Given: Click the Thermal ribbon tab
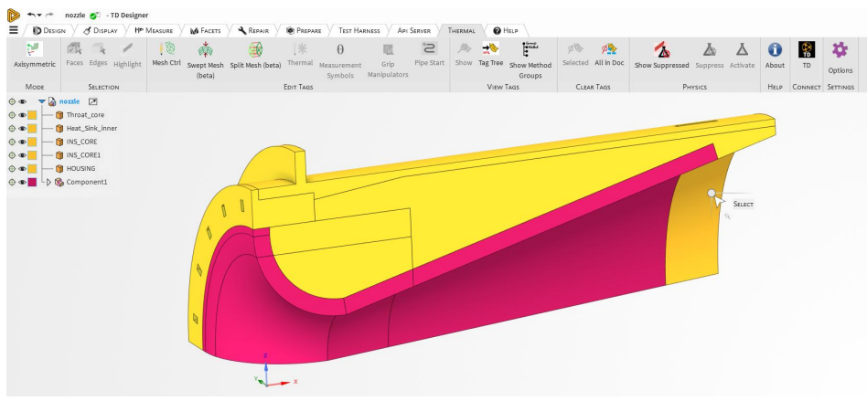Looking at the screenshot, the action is pyautogui.click(x=461, y=30).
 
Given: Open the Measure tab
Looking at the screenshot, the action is pyautogui.click(x=154, y=30).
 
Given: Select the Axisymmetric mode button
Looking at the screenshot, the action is pyautogui.click(x=34, y=55).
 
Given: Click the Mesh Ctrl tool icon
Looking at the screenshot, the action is pyautogui.click(x=166, y=48).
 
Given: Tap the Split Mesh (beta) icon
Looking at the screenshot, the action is pyautogui.click(x=255, y=49).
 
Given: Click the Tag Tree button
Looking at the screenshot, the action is pyautogui.click(x=490, y=55).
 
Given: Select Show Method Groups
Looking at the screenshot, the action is pyautogui.click(x=530, y=60).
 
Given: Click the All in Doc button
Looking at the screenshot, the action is pyautogui.click(x=609, y=55).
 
